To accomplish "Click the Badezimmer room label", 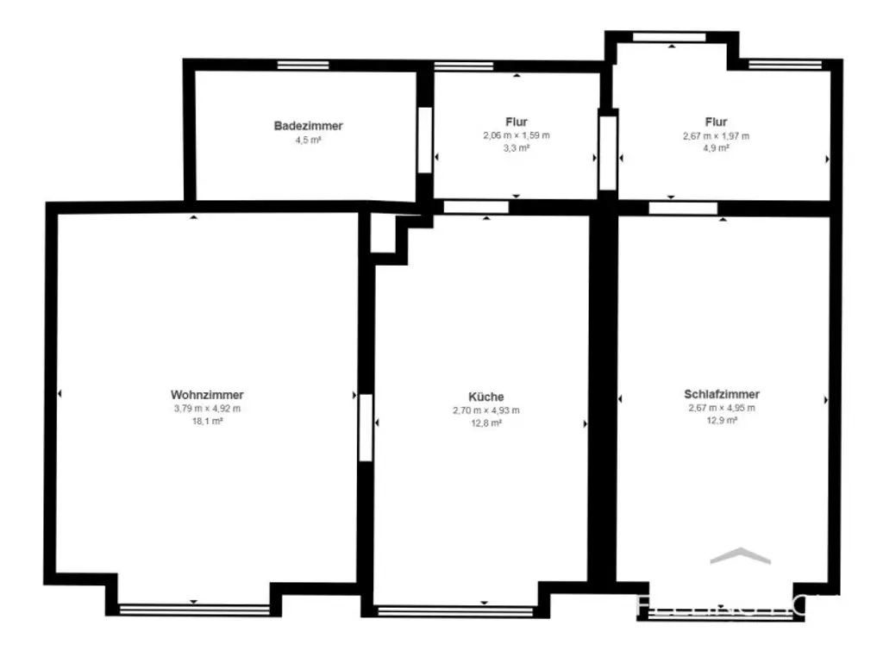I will click(x=308, y=126).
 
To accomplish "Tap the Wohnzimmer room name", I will click(x=207, y=395).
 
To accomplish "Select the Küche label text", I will click(x=486, y=397).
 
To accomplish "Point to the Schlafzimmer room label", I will click(x=722, y=394).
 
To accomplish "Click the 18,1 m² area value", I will click(x=207, y=421).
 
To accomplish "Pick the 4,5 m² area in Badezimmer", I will click(x=308, y=139).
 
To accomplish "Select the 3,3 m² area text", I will click(x=517, y=148).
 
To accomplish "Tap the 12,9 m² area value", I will click(x=722, y=420).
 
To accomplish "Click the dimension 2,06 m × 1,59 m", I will click(x=517, y=135).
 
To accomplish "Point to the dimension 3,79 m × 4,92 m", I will click(x=207, y=409).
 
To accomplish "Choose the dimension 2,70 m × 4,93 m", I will click(x=486, y=410).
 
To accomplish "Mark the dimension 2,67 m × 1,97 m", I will click(x=716, y=135).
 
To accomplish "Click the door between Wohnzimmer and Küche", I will click(x=366, y=427).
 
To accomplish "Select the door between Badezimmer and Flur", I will click(x=423, y=140).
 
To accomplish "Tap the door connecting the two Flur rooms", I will click(x=608, y=152).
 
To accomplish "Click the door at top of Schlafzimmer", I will click(x=682, y=208).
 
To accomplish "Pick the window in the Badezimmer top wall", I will click(x=303, y=66).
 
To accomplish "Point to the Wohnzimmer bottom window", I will click(x=194, y=610).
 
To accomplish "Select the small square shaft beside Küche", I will click(x=384, y=235).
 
